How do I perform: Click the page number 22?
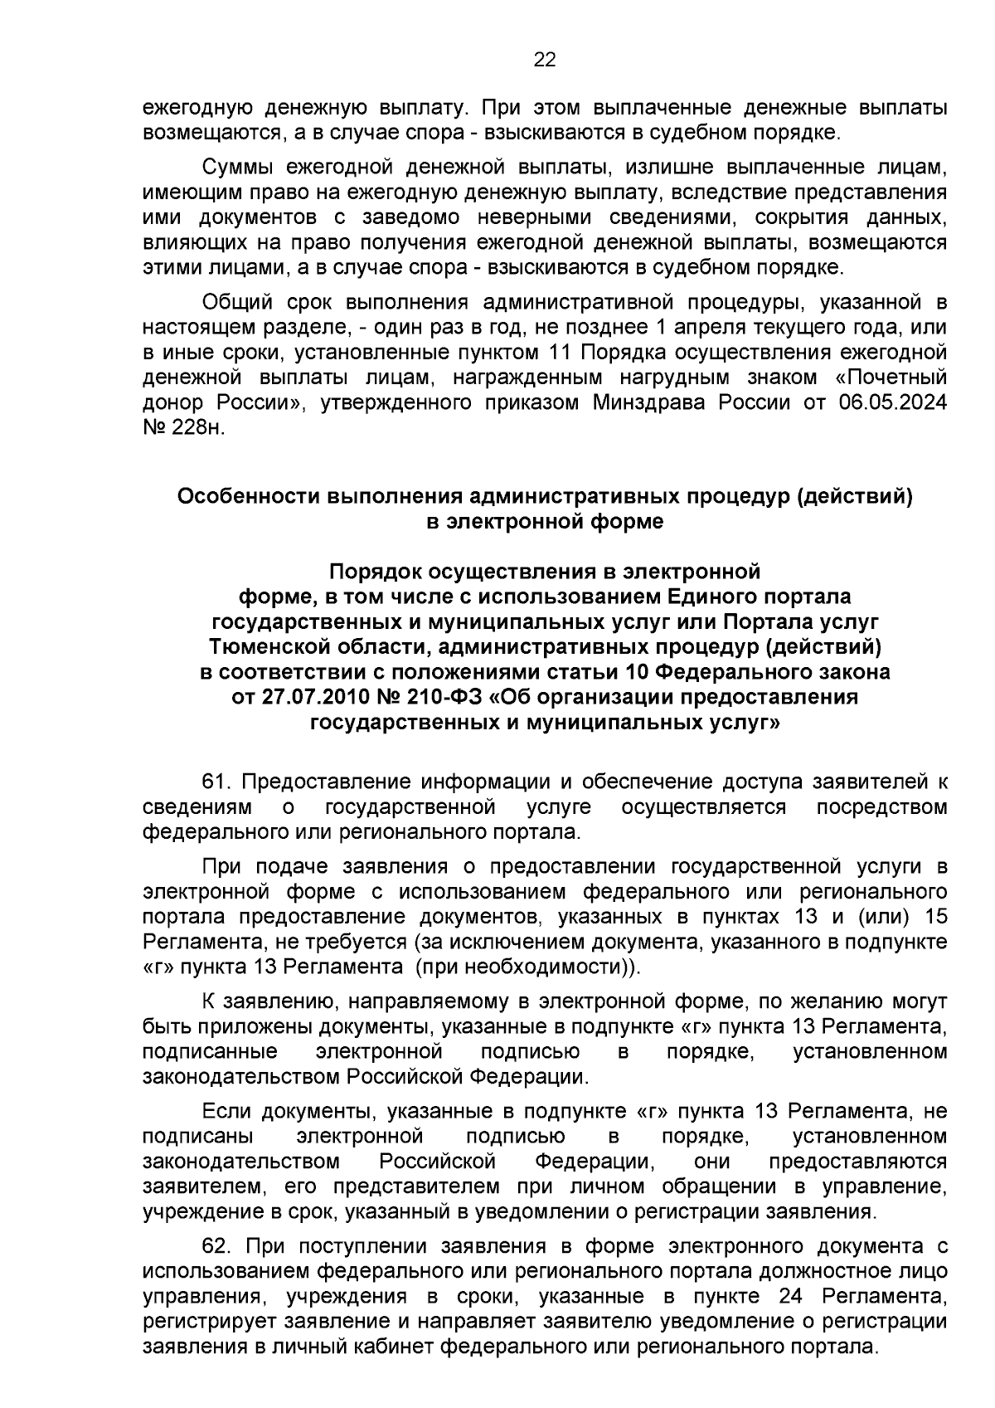coord(545,59)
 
